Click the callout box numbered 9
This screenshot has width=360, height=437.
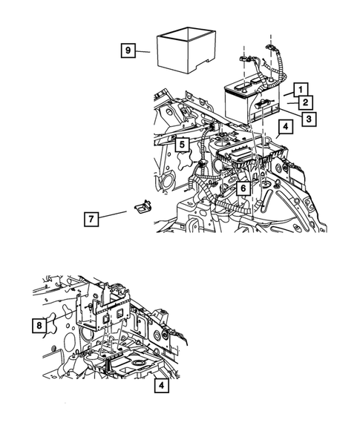[x=128, y=50]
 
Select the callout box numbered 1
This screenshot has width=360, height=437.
[x=301, y=90]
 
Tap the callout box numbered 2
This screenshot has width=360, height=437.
[x=306, y=102]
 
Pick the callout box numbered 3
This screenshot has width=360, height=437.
[x=309, y=119]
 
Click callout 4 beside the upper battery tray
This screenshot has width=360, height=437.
[x=286, y=127]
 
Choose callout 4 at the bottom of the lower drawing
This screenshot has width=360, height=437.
[x=162, y=386]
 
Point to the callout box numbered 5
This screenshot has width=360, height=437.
[x=182, y=145]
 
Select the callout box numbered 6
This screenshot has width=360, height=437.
[x=243, y=188]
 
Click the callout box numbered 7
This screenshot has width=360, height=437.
[x=91, y=219]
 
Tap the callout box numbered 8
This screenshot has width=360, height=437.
[x=39, y=325]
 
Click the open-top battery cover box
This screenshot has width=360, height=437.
[x=186, y=50]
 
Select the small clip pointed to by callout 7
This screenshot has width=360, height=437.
[x=143, y=207]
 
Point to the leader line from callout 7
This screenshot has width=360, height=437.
[x=112, y=214]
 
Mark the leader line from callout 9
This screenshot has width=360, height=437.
[x=143, y=51]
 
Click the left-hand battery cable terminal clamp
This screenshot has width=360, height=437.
[x=243, y=59]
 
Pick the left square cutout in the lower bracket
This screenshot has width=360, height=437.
[x=107, y=319]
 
